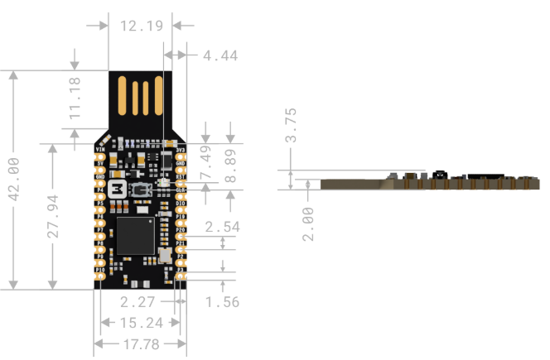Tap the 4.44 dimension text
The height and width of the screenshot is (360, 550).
coord(220,56)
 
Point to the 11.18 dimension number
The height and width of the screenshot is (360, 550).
coord(75,98)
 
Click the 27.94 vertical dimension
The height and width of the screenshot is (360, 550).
coord(53,217)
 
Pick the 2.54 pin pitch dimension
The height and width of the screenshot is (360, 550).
coord(222,227)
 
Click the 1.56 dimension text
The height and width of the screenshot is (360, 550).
coord(221,301)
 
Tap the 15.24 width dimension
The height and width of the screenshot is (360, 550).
coord(140,323)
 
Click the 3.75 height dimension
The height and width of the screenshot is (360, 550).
coord(290,126)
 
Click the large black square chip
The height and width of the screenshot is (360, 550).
coord(136,234)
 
